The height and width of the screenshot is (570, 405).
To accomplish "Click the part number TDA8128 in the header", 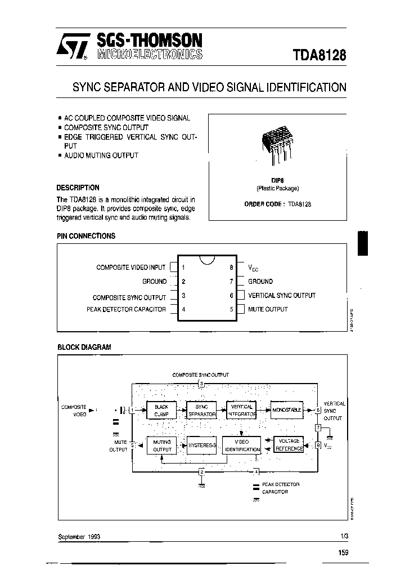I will pos(319,56).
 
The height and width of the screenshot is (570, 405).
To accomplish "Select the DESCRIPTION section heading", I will pos(78,188).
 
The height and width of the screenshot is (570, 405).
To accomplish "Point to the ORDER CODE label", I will pos(264,204).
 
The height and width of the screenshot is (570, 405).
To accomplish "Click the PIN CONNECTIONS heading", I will pos(86,236).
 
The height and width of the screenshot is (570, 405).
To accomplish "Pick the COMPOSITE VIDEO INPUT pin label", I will pos(131,268).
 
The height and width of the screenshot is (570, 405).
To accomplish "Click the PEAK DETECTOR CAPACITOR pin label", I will pos(127,309).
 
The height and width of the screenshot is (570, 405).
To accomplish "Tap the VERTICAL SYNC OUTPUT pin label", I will pos(282,295).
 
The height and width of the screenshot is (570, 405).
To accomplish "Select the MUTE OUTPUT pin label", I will pos(268,309).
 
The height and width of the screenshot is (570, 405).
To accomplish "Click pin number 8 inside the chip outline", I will pos(231,268).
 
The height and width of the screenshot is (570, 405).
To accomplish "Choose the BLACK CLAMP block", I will pos(161,411).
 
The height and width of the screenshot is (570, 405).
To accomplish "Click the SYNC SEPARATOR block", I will pos(201,411).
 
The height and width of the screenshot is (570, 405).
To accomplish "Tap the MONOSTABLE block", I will pos(286,410).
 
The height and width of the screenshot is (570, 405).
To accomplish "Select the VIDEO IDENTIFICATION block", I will pos(241,446).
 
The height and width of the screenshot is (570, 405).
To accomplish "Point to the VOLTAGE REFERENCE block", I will pos(289,445).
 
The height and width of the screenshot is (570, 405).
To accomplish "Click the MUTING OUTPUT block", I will pos(162,446).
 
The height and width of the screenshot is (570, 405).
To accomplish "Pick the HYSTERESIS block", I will pos(201,446).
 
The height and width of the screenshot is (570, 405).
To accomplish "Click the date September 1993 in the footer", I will pos(79,537).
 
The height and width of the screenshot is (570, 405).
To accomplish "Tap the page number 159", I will pos(343,553).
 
